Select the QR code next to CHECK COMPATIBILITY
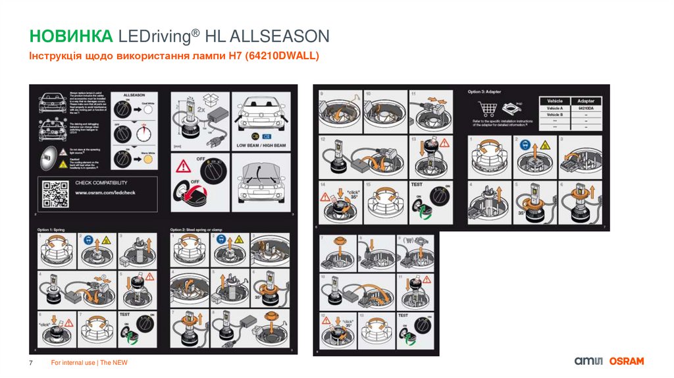(x=55, y=193)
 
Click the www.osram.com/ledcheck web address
(x=106, y=193)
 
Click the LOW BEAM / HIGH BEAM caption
(x=261, y=144)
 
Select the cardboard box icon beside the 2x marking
(x=210, y=99)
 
